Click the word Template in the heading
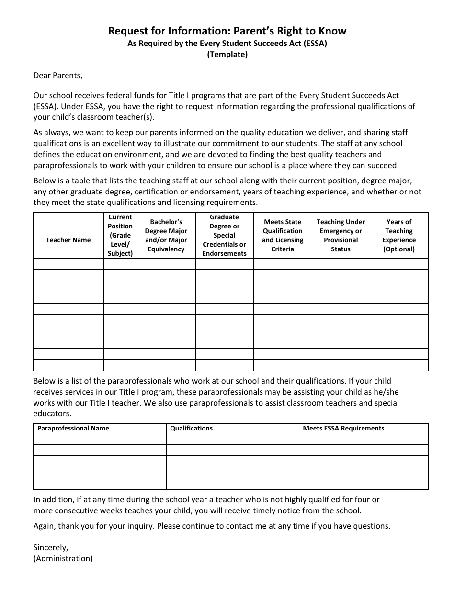[227, 54]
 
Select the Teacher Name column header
[68, 240]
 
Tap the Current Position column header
[120, 235]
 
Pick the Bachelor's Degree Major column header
[166, 235]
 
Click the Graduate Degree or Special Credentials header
[224, 235]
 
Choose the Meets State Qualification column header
[283, 235]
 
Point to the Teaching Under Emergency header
[341, 235]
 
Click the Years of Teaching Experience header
[399, 235]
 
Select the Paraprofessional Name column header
[73, 428]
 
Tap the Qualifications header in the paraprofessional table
[191, 428]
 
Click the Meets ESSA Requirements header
[343, 428]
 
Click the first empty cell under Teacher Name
[68, 264]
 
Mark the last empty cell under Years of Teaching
[399, 365]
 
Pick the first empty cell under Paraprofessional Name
[100, 439]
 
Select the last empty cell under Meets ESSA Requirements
[364, 484]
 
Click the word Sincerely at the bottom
[50, 547]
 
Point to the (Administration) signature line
[63, 558]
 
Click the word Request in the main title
[125, 31]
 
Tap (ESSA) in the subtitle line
[316, 43]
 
